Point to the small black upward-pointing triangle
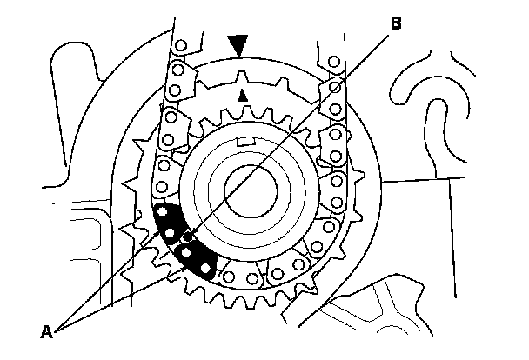point(243,92)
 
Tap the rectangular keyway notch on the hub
point(246,141)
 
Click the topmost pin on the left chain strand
point(180,45)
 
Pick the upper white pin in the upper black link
point(163,210)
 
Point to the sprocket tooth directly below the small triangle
point(243,110)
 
